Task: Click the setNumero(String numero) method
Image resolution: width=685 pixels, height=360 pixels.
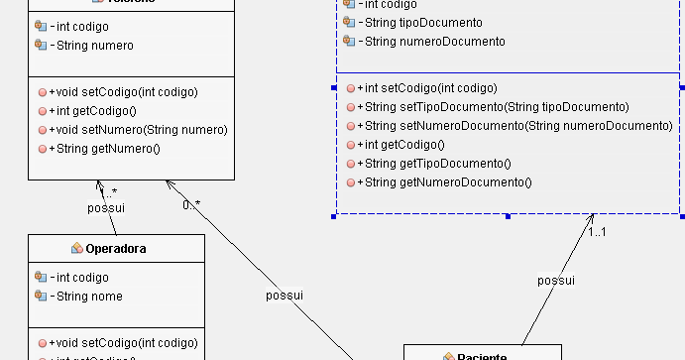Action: click(138, 129)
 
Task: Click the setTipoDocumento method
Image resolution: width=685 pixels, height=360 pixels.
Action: click(480, 107)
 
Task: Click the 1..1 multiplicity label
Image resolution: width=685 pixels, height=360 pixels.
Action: click(597, 232)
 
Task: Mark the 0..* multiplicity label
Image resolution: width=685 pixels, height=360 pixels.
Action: click(190, 204)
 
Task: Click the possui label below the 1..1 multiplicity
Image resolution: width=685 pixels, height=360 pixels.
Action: click(556, 281)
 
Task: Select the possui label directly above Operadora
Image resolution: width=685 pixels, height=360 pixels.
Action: click(106, 208)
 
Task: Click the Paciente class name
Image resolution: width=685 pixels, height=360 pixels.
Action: click(482, 356)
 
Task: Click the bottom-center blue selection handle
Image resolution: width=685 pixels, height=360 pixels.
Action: click(508, 215)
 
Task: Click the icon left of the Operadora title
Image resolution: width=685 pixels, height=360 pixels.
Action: click(76, 249)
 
